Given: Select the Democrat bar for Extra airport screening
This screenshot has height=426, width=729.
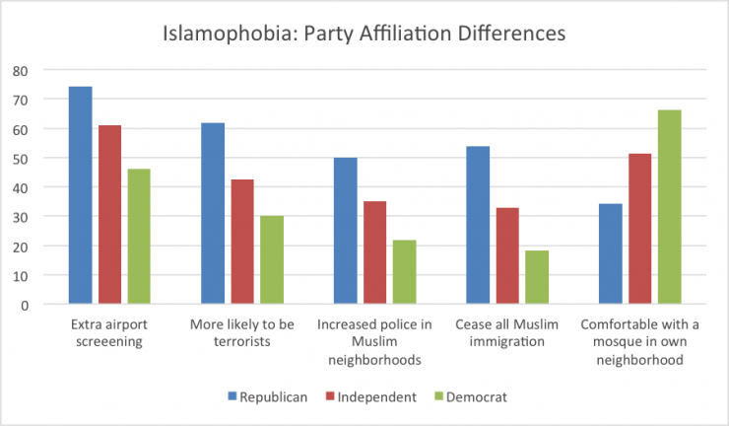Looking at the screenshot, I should tap(139, 237).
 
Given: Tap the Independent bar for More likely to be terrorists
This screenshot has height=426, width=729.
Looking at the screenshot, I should tap(242, 242).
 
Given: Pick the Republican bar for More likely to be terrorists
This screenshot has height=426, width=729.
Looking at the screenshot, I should tap(213, 213).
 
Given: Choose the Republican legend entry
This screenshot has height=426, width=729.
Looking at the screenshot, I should tap(267, 395).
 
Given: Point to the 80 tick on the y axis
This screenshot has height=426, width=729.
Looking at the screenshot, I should tap(21, 71).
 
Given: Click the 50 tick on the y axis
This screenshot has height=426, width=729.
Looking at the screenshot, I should tap(21, 158).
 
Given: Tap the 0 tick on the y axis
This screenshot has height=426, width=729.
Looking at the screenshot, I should tap(25, 304).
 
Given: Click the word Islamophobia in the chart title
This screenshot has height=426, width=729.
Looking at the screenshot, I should tap(219, 33).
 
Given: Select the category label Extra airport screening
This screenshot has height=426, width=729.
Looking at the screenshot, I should tap(109, 333).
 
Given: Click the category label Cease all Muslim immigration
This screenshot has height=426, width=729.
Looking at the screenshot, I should tap(507, 333).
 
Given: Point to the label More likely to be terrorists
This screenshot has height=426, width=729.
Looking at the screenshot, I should tap(242, 333).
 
